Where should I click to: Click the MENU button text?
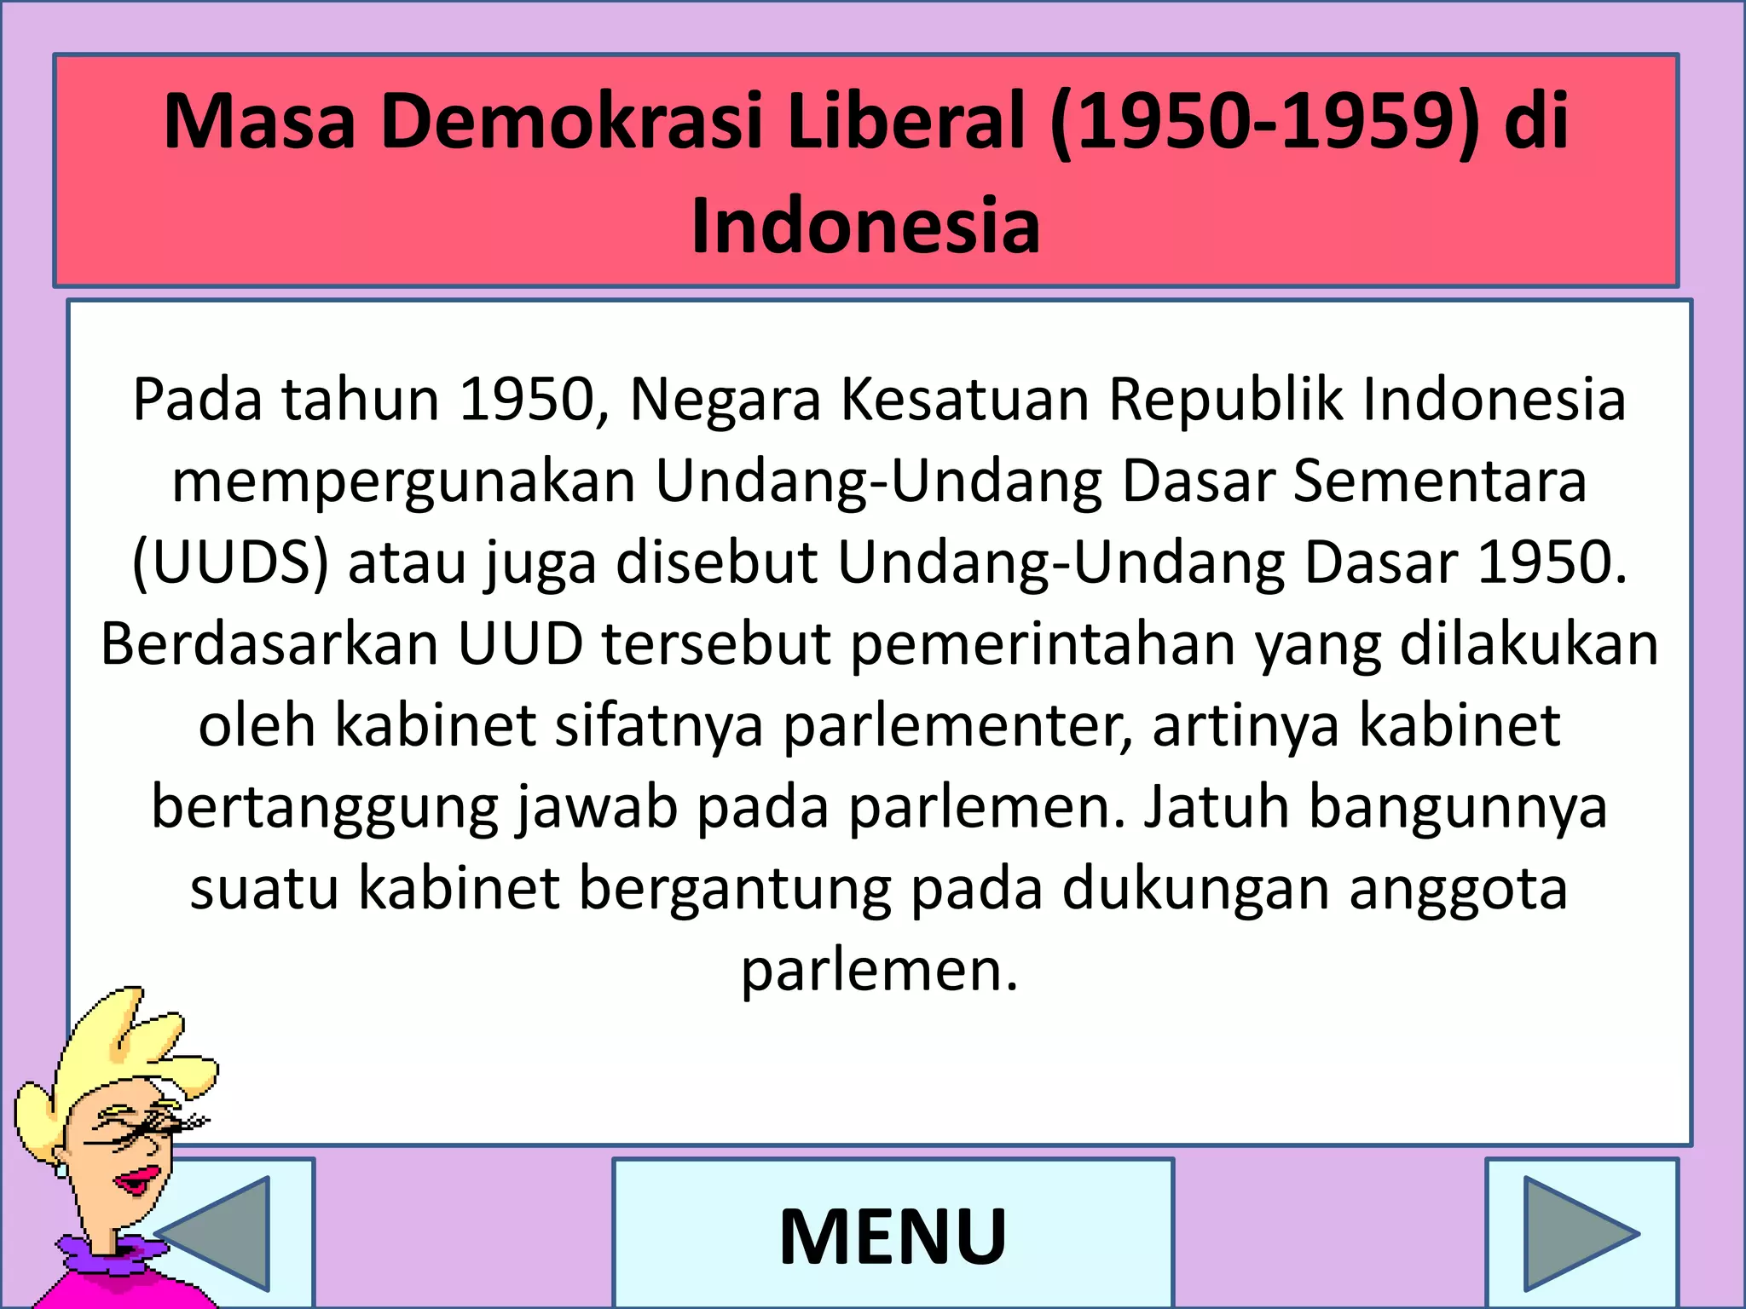[893, 1236]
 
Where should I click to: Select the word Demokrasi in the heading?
[570, 122]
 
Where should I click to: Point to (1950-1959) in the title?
[1265, 122]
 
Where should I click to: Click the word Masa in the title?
[258, 122]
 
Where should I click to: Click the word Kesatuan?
[965, 399]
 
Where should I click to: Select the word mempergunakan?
[404, 481]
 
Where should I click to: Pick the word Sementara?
[1440, 481]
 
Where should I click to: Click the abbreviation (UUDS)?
[230, 562]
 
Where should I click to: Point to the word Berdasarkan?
[269, 643]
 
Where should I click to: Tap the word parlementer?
[958, 725]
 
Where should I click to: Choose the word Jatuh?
[1216, 806]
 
